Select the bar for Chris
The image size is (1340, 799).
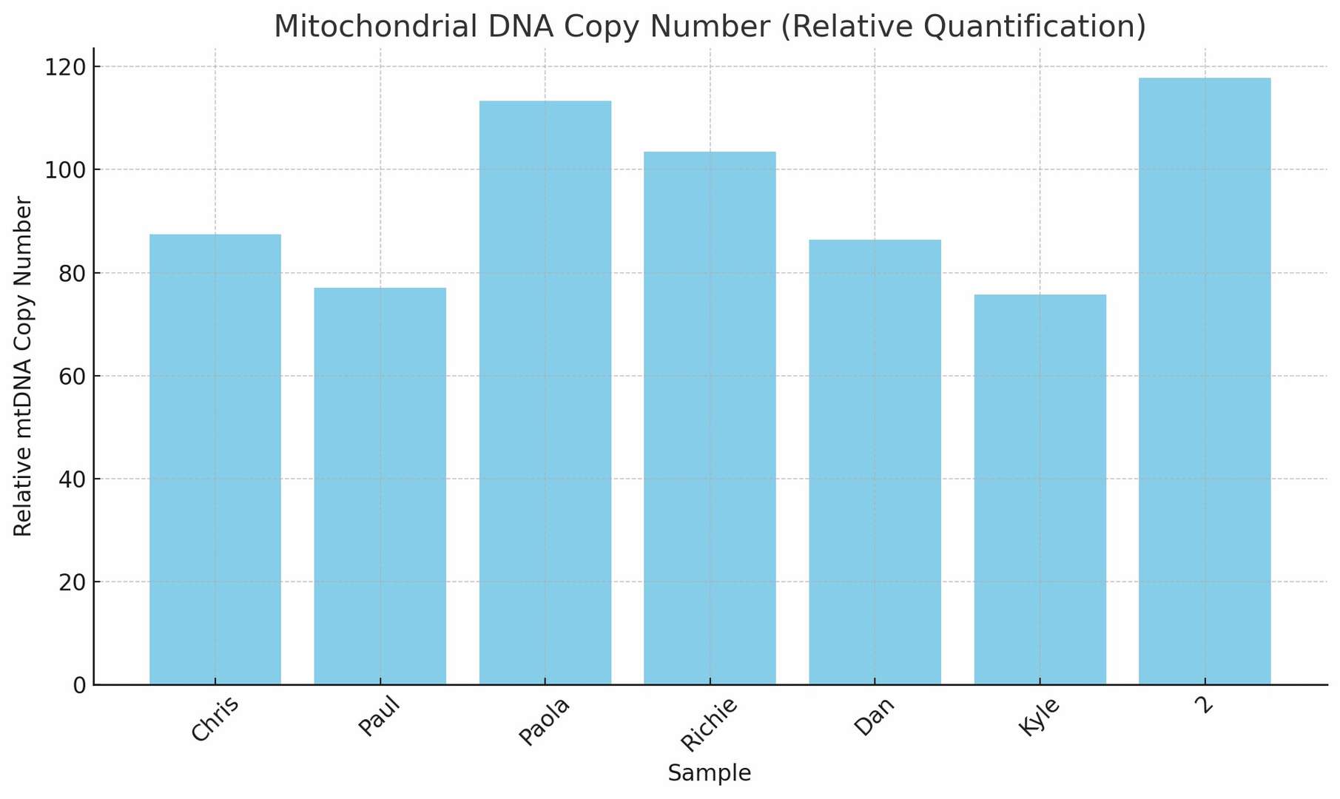click(x=215, y=459)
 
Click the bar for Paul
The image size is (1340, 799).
click(x=380, y=485)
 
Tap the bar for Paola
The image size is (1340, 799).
click(x=545, y=392)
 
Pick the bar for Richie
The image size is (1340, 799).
click(x=710, y=418)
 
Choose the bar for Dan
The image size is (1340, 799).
click(x=875, y=462)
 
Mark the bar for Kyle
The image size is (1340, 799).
click(x=1040, y=489)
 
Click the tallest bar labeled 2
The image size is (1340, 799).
click(x=1205, y=381)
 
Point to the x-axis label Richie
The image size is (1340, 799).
click(x=709, y=724)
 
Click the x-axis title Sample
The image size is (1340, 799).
click(x=710, y=774)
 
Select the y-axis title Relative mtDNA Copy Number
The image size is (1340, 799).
click(x=24, y=366)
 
